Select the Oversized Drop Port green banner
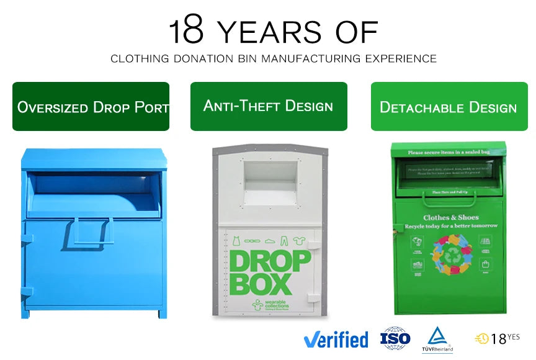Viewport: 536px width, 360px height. coord(91,107)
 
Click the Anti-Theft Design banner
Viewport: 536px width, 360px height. coord(269,106)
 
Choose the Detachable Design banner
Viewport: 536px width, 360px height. coord(449,107)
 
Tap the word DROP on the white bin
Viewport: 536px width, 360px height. coord(270,261)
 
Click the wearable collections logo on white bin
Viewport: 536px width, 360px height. coord(267,305)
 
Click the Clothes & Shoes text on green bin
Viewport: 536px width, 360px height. coord(450,218)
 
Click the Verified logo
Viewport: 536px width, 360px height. coord(336,340)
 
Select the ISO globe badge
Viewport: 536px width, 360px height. coord(396,339)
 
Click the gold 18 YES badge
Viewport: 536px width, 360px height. coord(497,338)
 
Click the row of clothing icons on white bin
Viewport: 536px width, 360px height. coord(270,240)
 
